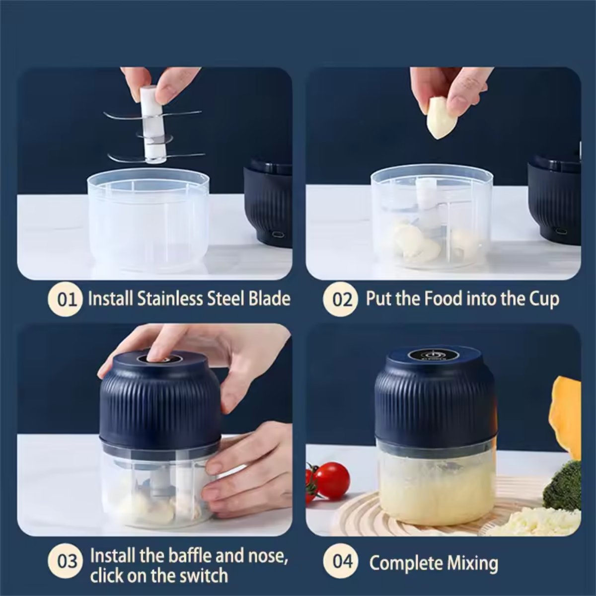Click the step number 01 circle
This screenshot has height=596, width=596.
point(66,300)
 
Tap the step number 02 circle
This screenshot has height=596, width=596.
point(341,300)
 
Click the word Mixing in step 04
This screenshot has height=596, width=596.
point(472,563)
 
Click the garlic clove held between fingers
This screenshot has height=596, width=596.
point(439,118)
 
